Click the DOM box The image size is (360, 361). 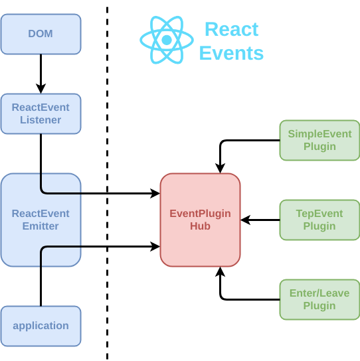(x=41, y=34)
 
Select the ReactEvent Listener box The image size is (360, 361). (x=41, y=113)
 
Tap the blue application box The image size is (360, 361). (x=41, y=326)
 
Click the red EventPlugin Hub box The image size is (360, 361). (x=200, y=220)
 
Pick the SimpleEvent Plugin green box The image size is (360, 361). (x=319, y=140)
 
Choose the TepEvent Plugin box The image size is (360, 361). (x=319, y=220)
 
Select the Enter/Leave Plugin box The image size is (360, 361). (x=319, y=299)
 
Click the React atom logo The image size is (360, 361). (x=166, y=40)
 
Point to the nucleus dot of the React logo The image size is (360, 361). (x=166, y=40)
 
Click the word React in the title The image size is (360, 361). (x=231, y=30)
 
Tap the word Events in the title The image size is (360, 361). (x=231, y=53)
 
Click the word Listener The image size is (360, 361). (x=41, y=120)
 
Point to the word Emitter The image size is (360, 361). (x=41, y=226)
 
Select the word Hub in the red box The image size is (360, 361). (x=200, y=226)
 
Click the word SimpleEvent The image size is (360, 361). (x=319, y=133)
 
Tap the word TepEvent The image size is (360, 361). (x=319, y=213)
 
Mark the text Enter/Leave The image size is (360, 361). (x=319, y=293)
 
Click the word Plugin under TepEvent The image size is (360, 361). (x=319, y=226)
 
